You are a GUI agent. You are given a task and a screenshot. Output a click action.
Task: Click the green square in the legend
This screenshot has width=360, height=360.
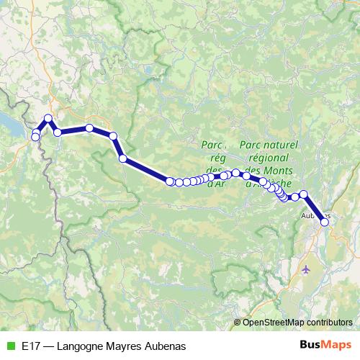pos(10,346)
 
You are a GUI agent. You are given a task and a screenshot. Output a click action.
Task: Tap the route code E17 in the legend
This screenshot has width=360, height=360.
pos(31,346)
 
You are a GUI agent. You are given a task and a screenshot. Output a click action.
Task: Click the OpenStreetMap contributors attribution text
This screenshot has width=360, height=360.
pos(297,323)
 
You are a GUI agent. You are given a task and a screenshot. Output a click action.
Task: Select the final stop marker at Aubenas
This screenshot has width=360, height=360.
pos(325,222)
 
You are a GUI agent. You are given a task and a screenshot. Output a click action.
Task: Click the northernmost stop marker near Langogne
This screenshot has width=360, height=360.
pos(48,118)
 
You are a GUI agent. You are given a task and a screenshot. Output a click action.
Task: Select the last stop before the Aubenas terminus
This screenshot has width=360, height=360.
pos(304,194)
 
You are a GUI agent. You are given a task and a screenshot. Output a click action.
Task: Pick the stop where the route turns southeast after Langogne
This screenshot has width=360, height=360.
pos(113,135)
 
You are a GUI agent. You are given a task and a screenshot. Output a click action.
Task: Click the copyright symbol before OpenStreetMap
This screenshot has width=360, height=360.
pos(237,323)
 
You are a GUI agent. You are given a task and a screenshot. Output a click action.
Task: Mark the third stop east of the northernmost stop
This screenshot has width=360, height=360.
pos(113,135)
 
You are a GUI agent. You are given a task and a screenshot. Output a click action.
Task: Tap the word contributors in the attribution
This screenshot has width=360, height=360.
pos(327,323)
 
